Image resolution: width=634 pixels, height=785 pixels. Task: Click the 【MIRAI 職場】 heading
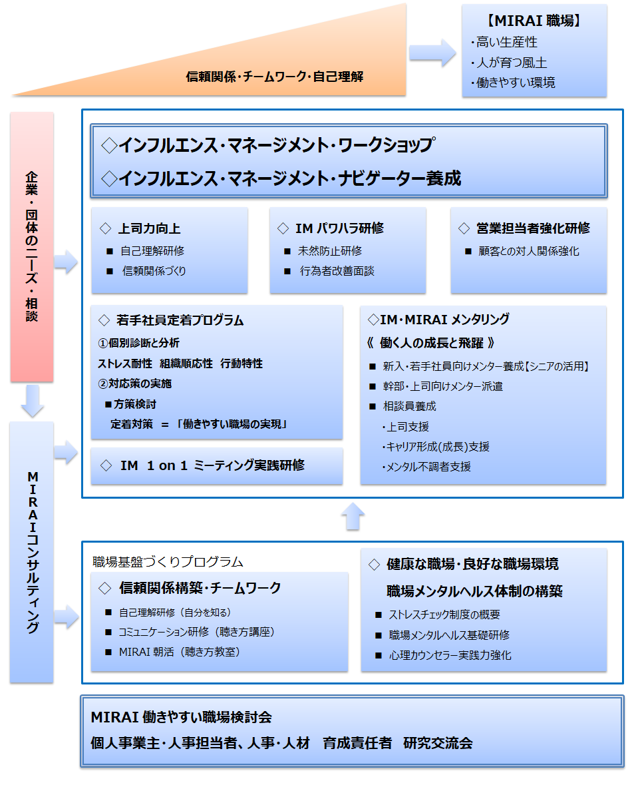pyautogui.click(x=534, y=21)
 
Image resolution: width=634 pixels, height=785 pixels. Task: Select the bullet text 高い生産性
pyautogui.click(x=506, y=43)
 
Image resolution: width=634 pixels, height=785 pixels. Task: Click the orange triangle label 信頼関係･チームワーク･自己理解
pyautogui.click(x=274, y=77)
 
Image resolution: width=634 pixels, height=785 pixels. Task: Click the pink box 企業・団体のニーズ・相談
pyautogui.click(x=32, y=246)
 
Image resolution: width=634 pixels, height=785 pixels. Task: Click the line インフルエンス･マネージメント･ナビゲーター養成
pyautogui.click(x=282, y=178)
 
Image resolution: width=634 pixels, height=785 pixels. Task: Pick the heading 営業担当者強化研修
pyautogui.click(x=533, y=228)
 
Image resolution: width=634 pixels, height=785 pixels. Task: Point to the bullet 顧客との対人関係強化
pyautogui.click(x=528, y=252)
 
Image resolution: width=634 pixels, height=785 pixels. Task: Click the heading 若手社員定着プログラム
pyautogui.click(x=180, y=320)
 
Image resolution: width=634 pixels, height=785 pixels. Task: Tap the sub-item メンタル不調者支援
pyautogui.click(x=428, y=467)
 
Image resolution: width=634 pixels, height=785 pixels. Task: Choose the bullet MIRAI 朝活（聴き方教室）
pyautogui.click(x=179, y=652)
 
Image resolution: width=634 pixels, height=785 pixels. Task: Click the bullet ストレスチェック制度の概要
pyautogui.click(x=444, y=615)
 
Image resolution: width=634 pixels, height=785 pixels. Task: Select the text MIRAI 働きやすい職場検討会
pyautogui.click(x=182, y=717)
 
